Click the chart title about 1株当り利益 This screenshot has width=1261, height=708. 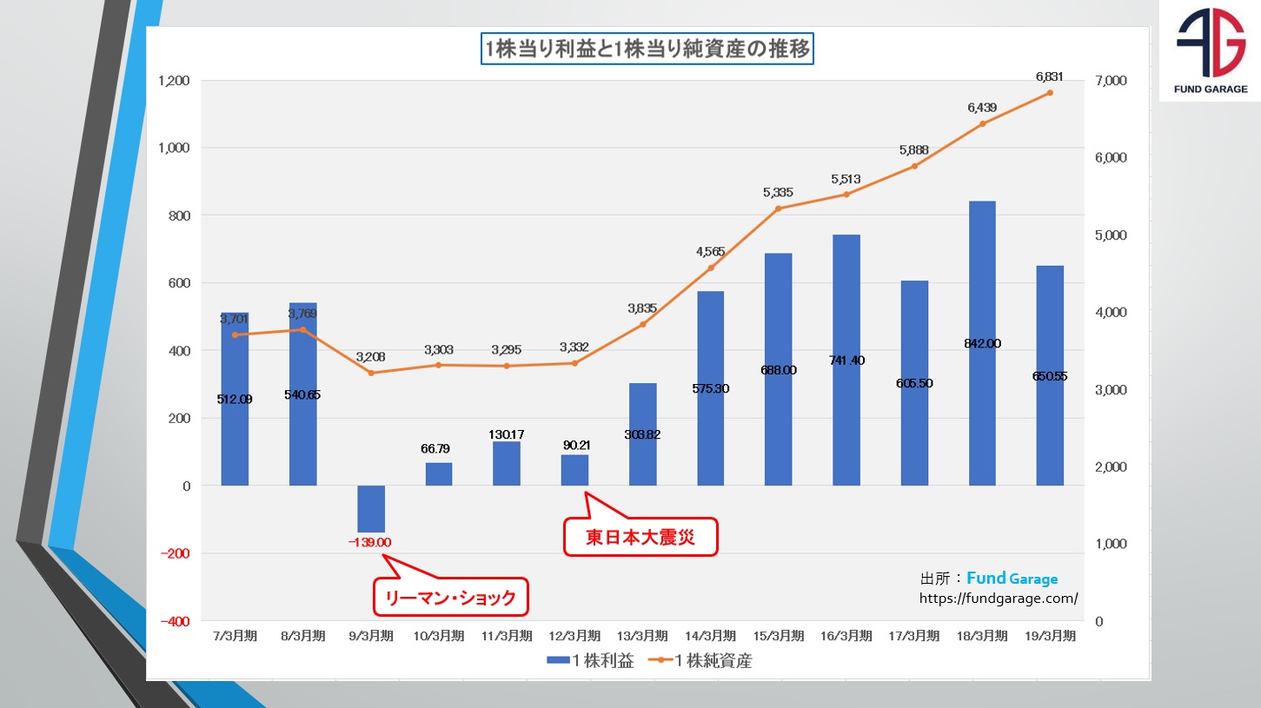point(647,50)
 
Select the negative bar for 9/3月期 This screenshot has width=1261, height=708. point(371,509)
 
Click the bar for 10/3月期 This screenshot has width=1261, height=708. point(439,474)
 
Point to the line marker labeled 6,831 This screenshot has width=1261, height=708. point(1050,93)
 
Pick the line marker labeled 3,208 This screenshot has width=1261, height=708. point(371,373)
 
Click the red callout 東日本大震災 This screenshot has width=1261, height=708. point(640,538)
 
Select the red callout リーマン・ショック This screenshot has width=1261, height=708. point(451,597)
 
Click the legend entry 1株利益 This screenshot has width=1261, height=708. point(591,660)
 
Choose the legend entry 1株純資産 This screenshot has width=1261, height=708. point(705,660)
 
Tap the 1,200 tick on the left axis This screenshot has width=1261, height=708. point(174,81)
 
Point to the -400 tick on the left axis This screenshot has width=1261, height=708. point(174,621)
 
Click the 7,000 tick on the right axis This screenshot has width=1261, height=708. point(1111,81)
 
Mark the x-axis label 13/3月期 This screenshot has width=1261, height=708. point(642,636)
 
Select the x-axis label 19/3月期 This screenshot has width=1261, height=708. point(1050,636)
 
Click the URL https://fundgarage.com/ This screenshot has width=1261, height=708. point(999,598)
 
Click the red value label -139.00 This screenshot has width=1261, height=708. point(370,542)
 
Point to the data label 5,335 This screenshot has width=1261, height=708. point(778,192)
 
